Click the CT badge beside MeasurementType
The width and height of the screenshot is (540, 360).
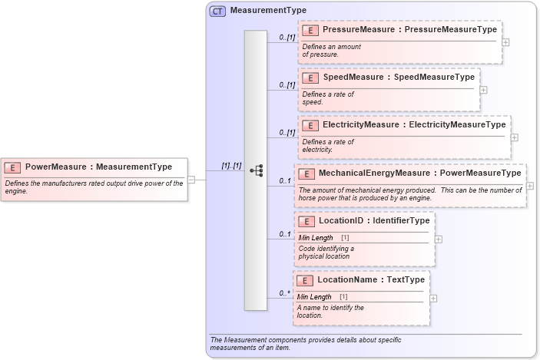pos(217,11)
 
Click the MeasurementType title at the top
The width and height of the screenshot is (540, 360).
pos(257,11)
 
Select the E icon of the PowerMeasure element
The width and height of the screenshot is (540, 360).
pos(13,167)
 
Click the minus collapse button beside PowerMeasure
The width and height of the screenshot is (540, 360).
pos(191,180)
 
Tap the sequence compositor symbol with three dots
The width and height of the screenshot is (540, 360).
pos(257,170)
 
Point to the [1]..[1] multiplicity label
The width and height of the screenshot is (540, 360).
pos(231,166)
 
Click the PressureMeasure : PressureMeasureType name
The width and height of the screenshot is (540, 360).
pos(409,30)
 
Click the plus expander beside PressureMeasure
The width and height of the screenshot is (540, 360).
pos(505,42)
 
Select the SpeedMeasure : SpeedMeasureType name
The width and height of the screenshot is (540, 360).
pos(398,78)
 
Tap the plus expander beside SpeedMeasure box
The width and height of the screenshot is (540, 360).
pos(483,90)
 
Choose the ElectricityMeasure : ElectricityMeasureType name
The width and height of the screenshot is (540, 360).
pos(414,124)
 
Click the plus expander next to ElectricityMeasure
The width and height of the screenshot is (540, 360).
pos(514,137)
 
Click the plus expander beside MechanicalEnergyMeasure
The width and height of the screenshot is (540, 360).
pos(530,186)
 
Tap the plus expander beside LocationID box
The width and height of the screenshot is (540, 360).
pos(439,239)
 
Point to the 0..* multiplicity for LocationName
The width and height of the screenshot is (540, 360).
pos(284,293)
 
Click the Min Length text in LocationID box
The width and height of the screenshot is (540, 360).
pos(316,238)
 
